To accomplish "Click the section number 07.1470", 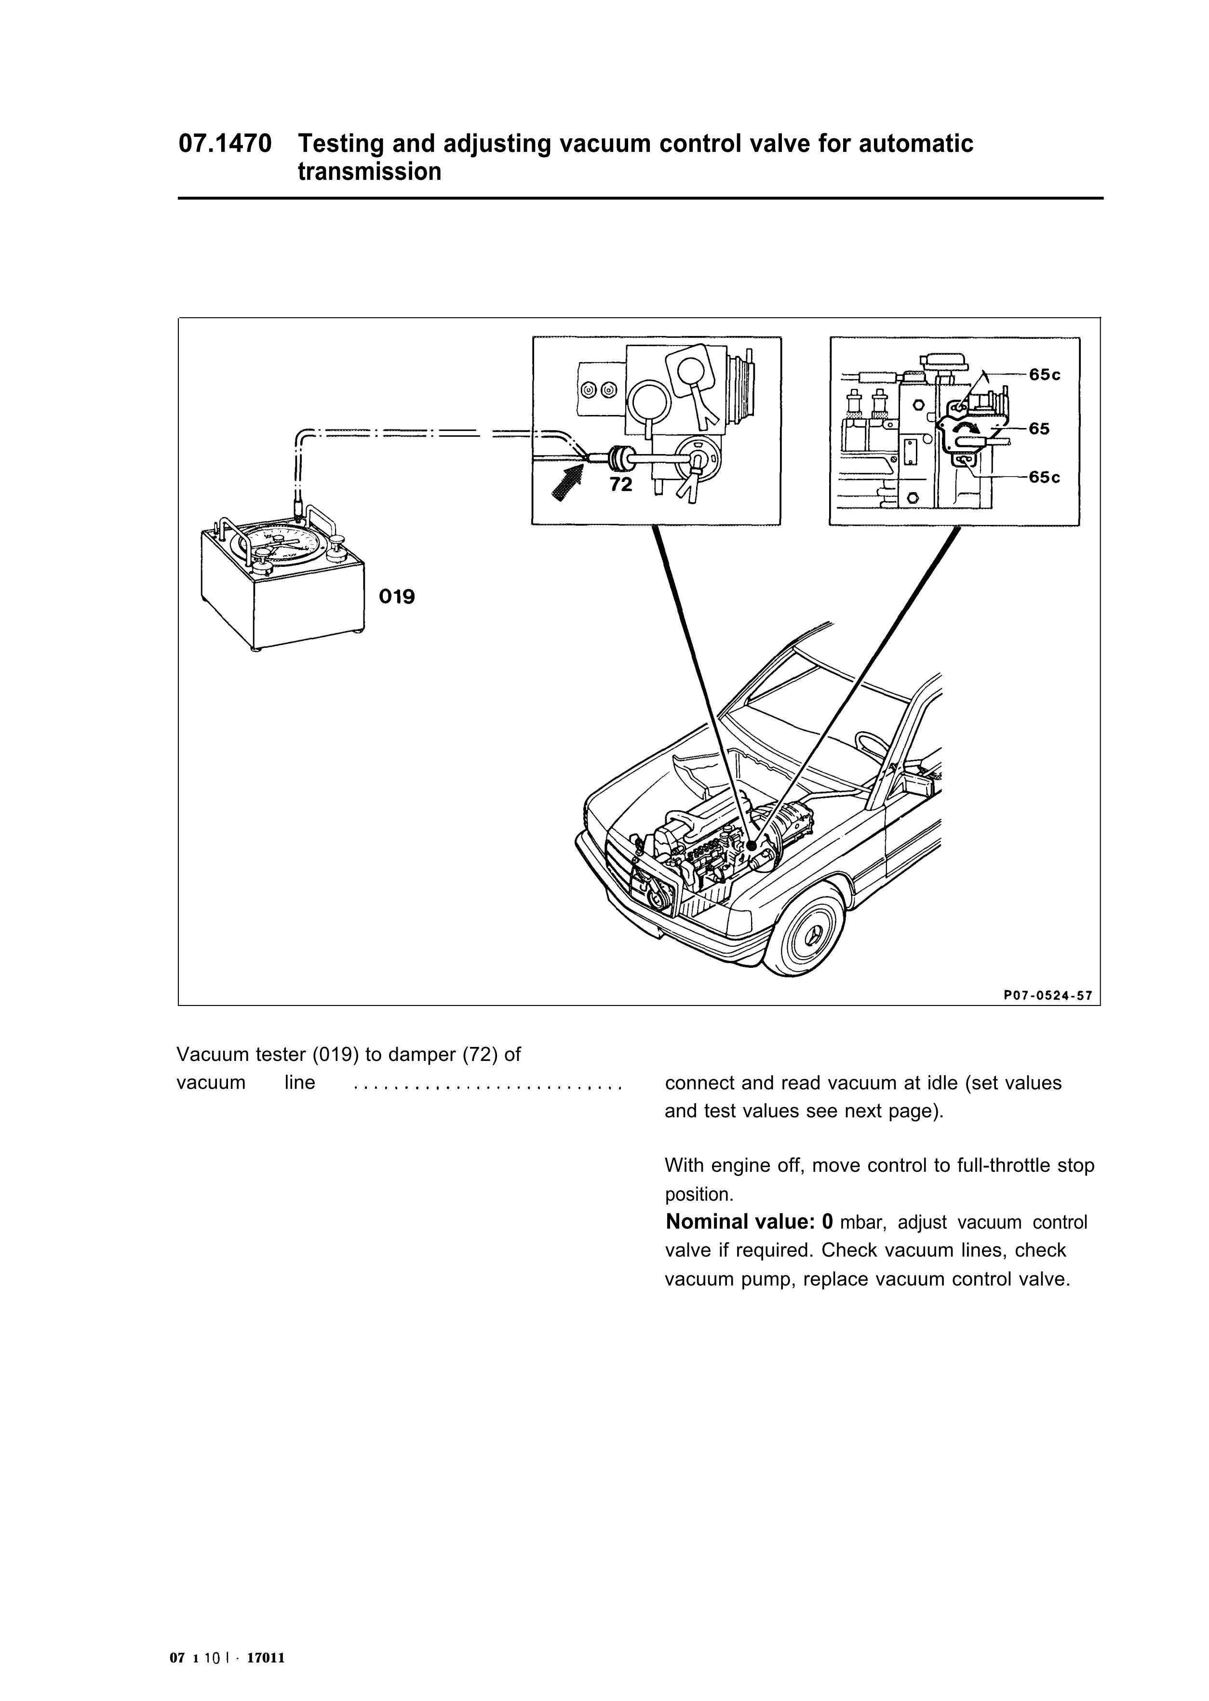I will coord(224,144).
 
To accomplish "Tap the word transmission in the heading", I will coord(369,172).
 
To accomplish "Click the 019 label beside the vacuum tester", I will coord(397,597).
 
